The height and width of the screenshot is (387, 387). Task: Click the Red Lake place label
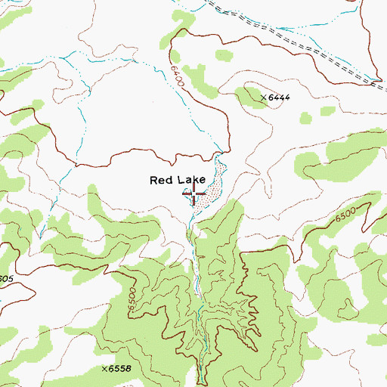[x=178, y=180]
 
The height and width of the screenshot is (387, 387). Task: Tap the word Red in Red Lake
[x=161, y=180]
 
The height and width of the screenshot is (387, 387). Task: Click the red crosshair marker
[x=194, y=195]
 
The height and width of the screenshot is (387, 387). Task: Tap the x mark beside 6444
[x=263, y=98]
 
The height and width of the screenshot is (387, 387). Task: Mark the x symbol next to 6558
[x=104, y=368]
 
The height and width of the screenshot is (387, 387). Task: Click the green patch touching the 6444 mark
[x=249, y=94]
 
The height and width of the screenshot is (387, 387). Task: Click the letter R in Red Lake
[x=154, y=180]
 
